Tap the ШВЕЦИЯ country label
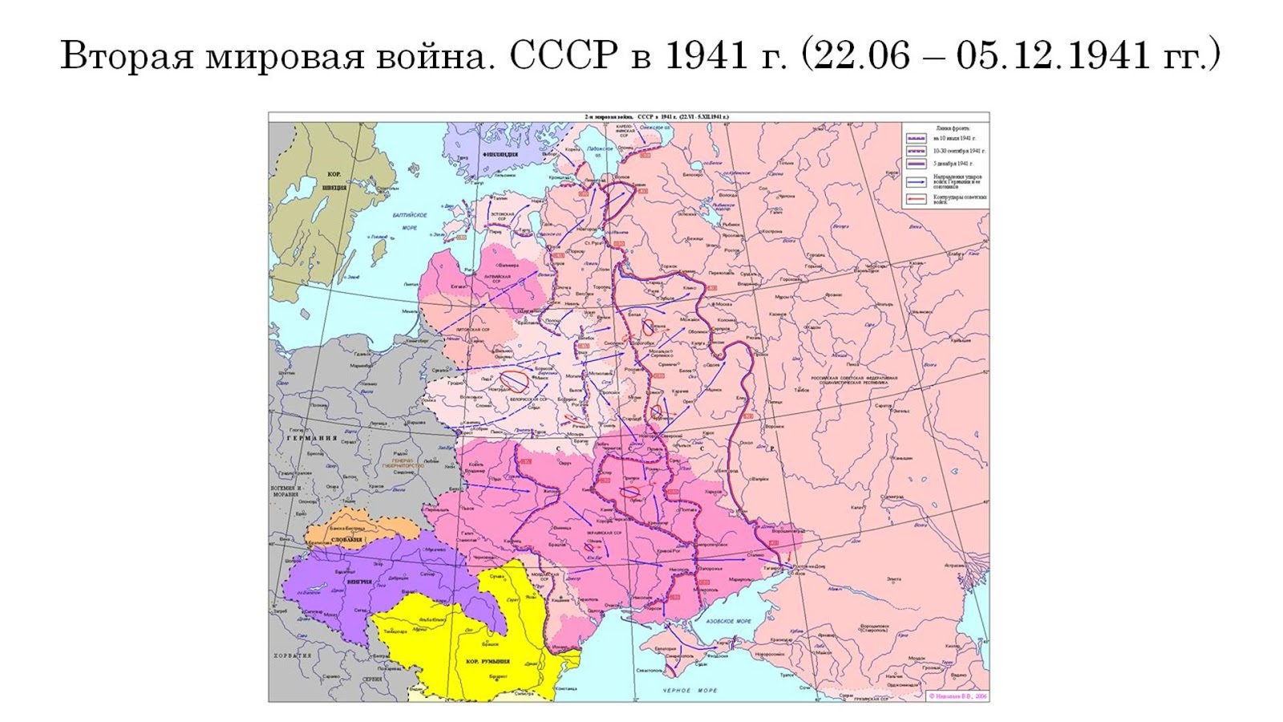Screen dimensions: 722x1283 coord(334,187)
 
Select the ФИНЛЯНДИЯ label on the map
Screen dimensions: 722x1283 coord(500,153)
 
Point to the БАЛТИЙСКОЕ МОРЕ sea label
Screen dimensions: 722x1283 coord(411,221)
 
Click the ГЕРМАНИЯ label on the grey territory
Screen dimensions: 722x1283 coord(312,438)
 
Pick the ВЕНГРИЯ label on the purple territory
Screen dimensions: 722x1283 coord(358,581)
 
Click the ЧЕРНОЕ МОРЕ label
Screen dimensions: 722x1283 coord(690,691)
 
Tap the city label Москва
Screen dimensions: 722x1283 coord(724,304)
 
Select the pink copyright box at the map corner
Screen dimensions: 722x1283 coord(957,696)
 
